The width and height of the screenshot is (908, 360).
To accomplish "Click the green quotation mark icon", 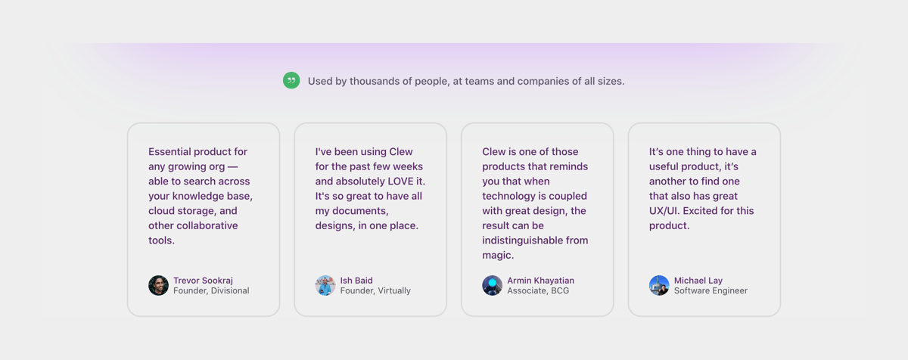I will [x=291, y=80].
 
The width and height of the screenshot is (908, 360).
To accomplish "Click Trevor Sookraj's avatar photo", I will [x=158, y=285].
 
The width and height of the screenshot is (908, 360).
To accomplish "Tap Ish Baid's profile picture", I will [x=325, y=285].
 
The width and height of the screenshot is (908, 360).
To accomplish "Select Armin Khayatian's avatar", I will [x=492, y=285].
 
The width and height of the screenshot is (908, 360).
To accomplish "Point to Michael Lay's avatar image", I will [x=659, y=285].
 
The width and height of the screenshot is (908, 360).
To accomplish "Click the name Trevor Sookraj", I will [x=203, y=281].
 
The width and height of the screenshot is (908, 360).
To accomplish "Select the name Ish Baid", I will [x=356, y=281].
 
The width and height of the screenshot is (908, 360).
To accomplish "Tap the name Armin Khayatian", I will [x=540, y=281].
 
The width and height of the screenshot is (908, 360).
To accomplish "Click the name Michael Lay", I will [x=698, y=281].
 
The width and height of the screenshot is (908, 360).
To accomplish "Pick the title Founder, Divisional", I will [x=211, y=291].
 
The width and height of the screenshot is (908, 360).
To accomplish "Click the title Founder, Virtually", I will [x=375, y=291].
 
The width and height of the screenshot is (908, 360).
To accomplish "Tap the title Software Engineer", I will [x=711, y=291].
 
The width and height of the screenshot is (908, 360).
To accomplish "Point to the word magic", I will [x=498, y=256].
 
